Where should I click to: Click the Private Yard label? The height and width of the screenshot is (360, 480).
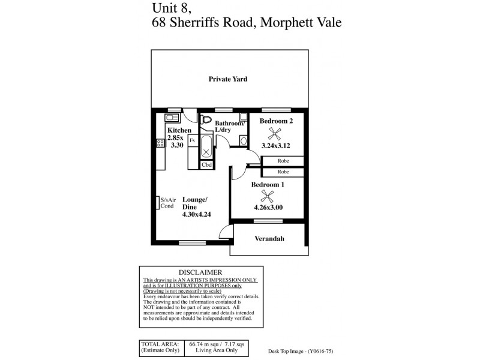pyautogui.click(x=228, y=79)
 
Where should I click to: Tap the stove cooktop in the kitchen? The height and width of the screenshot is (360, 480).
pyautogui.click(x=160, y=143)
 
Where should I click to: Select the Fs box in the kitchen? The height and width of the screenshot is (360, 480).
pyautogui.click(x=192, y=140)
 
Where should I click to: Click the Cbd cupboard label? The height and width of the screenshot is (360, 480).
pyautogui.click(x=206, y=164)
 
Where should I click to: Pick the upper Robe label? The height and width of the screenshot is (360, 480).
pyautogui.click(x=283, y=161)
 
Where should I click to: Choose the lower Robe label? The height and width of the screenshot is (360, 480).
pyautogui.click(x=283, y=172)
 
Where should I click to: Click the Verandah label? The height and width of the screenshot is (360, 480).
pyautogui.click(x=269, y=239)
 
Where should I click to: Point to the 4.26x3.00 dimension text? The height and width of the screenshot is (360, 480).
pyautogui.click(x=268, y=208)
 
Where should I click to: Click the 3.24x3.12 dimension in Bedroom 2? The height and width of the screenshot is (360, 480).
pyautogui.click(x=277, y=145)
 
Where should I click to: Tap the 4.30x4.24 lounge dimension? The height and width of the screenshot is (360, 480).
pyautogui.click(x=197, y=213)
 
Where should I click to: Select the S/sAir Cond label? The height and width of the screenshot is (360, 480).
pyautogui.click(x=167, y=203)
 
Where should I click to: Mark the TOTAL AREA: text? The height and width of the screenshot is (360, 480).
pyautogui.click(x=160, y=344)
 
